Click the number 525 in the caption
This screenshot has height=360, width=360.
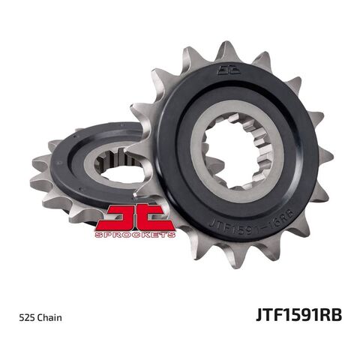coord(26,316)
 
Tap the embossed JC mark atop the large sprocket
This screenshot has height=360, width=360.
coord(226,72)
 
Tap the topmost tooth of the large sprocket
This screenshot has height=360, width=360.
coord(226,50)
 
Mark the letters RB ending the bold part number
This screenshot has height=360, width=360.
coord(331,315)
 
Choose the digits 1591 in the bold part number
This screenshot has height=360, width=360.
coord(298,315)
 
